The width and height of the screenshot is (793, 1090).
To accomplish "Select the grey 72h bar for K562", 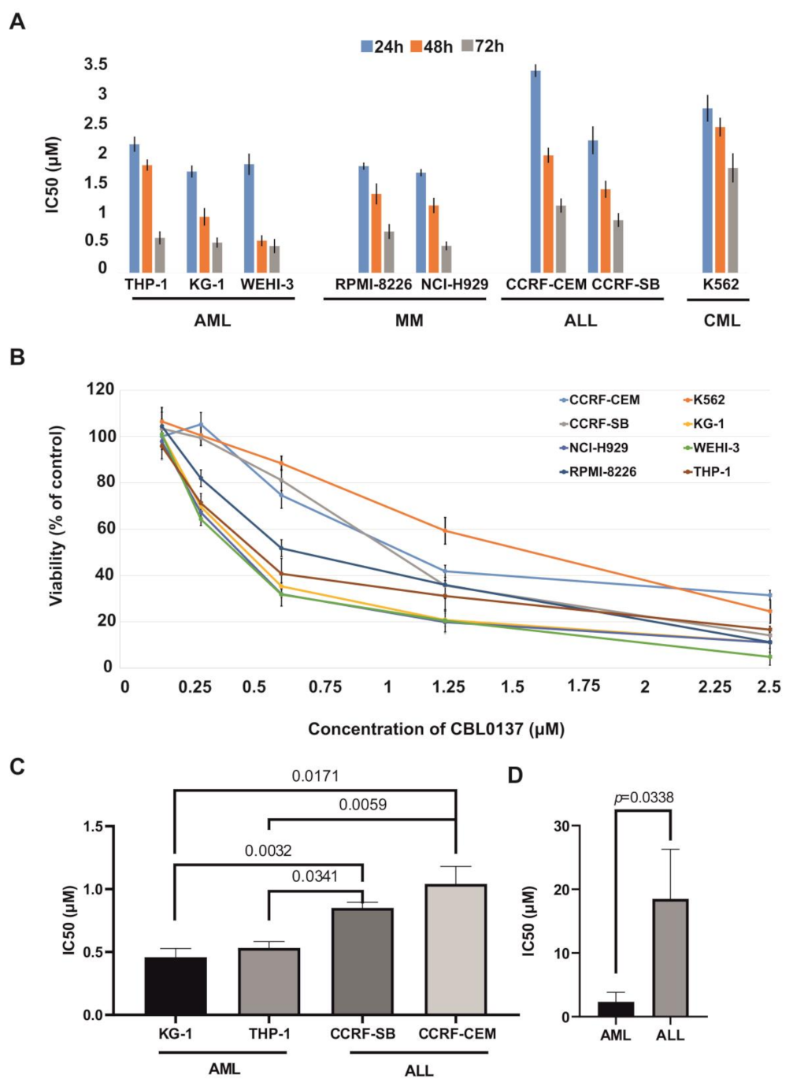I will (733, 220).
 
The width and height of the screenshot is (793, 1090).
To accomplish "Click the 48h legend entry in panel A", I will (432, 47).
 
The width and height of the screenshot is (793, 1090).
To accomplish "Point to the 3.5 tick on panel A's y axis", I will (96, 65).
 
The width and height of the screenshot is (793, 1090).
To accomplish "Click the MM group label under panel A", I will (409, 321).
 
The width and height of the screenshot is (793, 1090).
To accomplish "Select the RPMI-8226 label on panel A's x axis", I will (373, 285).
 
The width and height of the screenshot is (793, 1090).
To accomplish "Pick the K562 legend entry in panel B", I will (708, 400).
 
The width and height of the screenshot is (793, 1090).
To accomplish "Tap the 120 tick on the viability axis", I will (100, 389).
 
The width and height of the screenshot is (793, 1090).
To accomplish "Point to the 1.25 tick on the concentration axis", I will (448, 687).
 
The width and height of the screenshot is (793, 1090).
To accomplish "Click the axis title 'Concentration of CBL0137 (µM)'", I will (436, 729).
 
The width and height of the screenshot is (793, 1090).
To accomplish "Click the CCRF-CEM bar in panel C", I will (456, 949).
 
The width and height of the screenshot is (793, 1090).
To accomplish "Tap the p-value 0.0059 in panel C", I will (362, 805).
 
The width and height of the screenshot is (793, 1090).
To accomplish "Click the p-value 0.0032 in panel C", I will (268, 851).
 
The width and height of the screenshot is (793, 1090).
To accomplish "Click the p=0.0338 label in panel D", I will (643, 798).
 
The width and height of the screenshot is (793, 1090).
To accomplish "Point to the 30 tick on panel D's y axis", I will (561, 826).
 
